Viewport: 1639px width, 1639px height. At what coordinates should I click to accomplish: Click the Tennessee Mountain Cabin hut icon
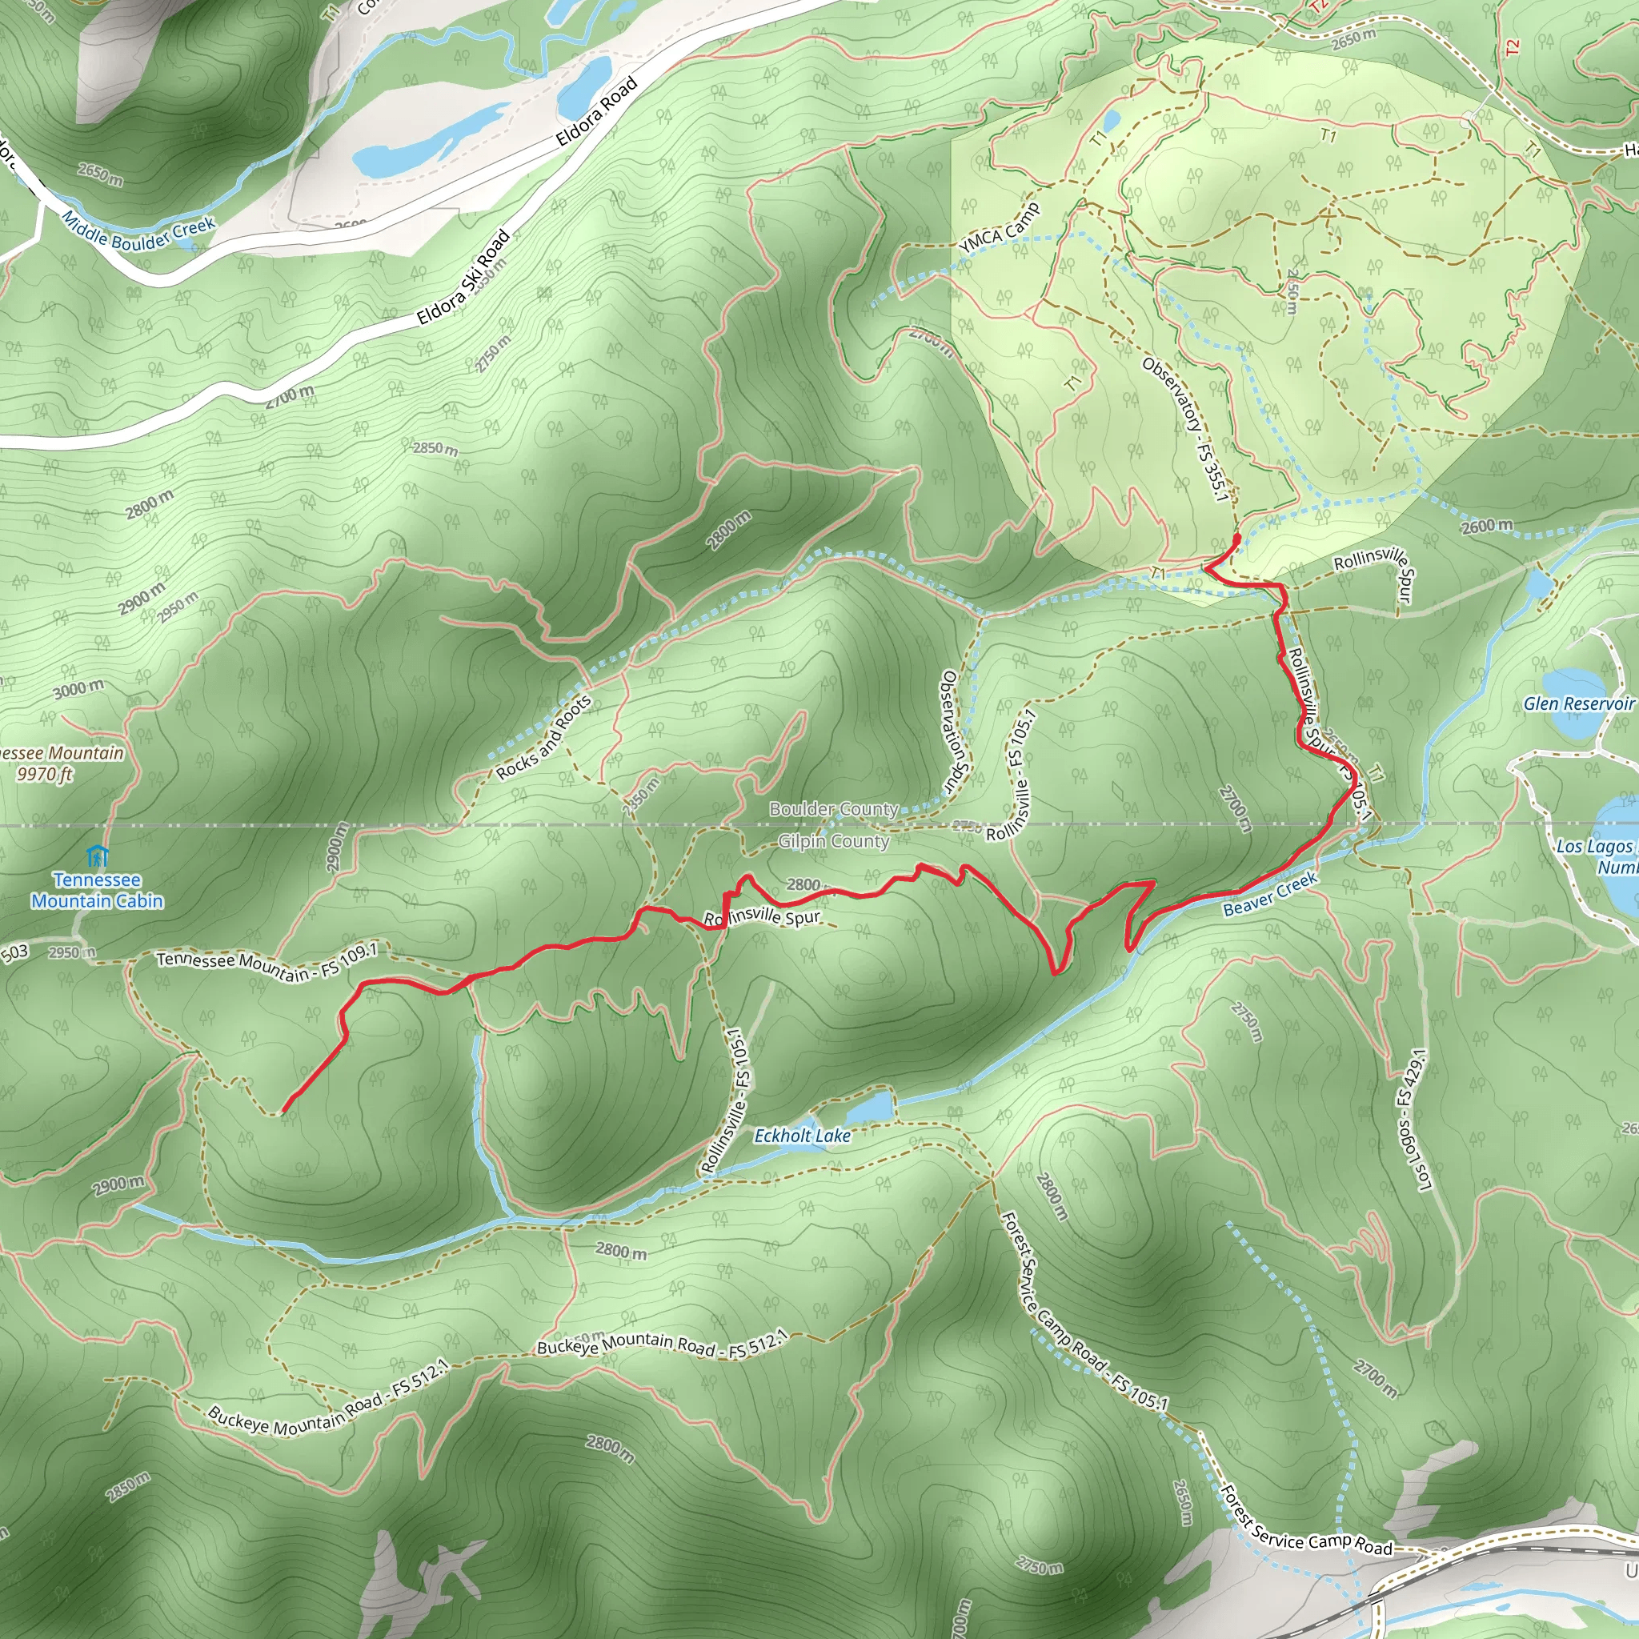click(x=97, y=856)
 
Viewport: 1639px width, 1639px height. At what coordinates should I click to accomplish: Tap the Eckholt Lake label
click(x=802, y=1136)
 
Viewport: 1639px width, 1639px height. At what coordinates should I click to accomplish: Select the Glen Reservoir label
click(x=1578, y=703)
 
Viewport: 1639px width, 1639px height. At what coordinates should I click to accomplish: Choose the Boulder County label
click(x=833, y=809)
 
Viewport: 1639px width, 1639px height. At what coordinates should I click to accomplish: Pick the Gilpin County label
click(x=833, y=841)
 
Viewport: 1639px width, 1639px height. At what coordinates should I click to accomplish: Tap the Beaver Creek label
click(x=1270, y=894)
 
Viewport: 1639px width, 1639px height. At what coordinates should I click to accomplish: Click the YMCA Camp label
click(x=999, y=227)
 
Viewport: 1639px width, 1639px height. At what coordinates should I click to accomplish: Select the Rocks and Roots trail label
click(x=543, y=737)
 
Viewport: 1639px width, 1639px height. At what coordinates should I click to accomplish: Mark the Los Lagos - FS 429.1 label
click(x=1413, y=1120)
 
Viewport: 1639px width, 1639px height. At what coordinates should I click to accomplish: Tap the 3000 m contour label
click(x=79, y=689)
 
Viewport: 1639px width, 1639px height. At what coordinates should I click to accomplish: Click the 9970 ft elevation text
click(x=45, y=774)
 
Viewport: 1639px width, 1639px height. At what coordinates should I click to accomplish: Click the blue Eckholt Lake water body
click(x=871, y=1106)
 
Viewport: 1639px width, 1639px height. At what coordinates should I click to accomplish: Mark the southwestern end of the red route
click(x=283, y=1111)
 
